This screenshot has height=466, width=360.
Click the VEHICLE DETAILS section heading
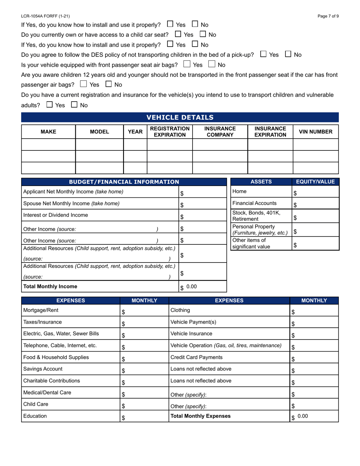click(x=180, y=117)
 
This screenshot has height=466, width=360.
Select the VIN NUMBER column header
click(x=316, y=132)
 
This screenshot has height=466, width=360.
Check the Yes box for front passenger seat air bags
click(x=186, y=64)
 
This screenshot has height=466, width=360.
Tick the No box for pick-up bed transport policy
click(x=288, y=54)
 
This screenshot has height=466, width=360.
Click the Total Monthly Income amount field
click(x=203, y=287)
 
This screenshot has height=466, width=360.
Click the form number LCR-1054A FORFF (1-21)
click(x=45, y=16)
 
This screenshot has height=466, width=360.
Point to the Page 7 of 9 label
click(x=328, y=16)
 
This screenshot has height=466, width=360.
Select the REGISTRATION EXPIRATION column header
click(x=169, y=132)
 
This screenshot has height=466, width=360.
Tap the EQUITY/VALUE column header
click(x=315, y=182)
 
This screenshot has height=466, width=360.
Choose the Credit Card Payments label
click(x=197, y=357)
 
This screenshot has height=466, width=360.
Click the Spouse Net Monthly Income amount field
click(x=203, y=204)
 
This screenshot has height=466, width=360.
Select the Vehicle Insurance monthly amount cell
click(x=314, y=335)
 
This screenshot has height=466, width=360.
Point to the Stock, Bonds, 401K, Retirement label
click(x=257, y=216)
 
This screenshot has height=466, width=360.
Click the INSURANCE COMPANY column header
click(x=220, y=132)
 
